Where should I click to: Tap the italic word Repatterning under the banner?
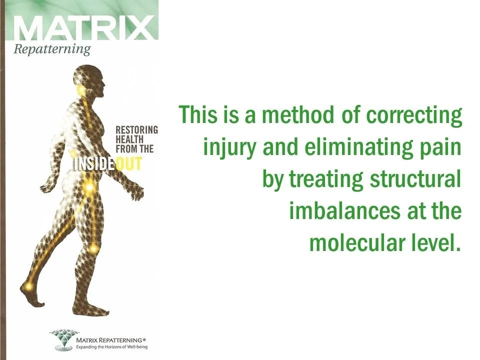(x=52, y=49)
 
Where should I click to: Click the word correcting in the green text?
(x=414, y=115)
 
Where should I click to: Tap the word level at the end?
(x=435, y=243)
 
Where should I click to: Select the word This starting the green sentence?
(x=199, y=115)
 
